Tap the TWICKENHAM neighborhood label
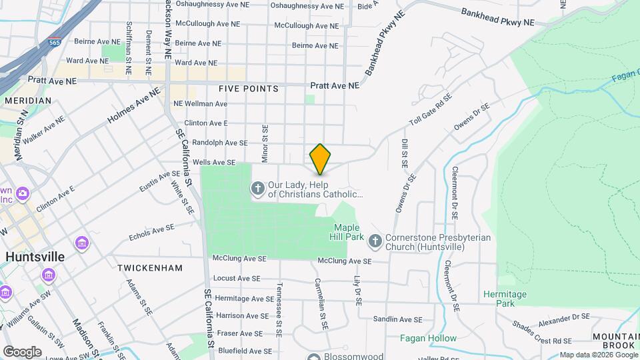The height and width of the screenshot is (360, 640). [x=149, y=268]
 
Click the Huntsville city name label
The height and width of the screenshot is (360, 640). [x=35, y=257]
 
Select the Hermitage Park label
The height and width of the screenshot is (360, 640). [x=505, y=299]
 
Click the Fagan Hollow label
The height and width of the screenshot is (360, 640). [x=428, y=338]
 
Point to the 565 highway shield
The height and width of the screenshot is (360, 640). [x=55, y=43]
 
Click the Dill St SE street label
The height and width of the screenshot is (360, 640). [x=405, y=153]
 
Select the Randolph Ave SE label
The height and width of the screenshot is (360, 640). [x=219, y=143]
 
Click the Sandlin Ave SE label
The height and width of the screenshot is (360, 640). [x=398, y=320]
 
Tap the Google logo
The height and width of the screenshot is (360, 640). [x=22, y=351]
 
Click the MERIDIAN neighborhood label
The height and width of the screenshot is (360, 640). [x=27, y=101]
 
